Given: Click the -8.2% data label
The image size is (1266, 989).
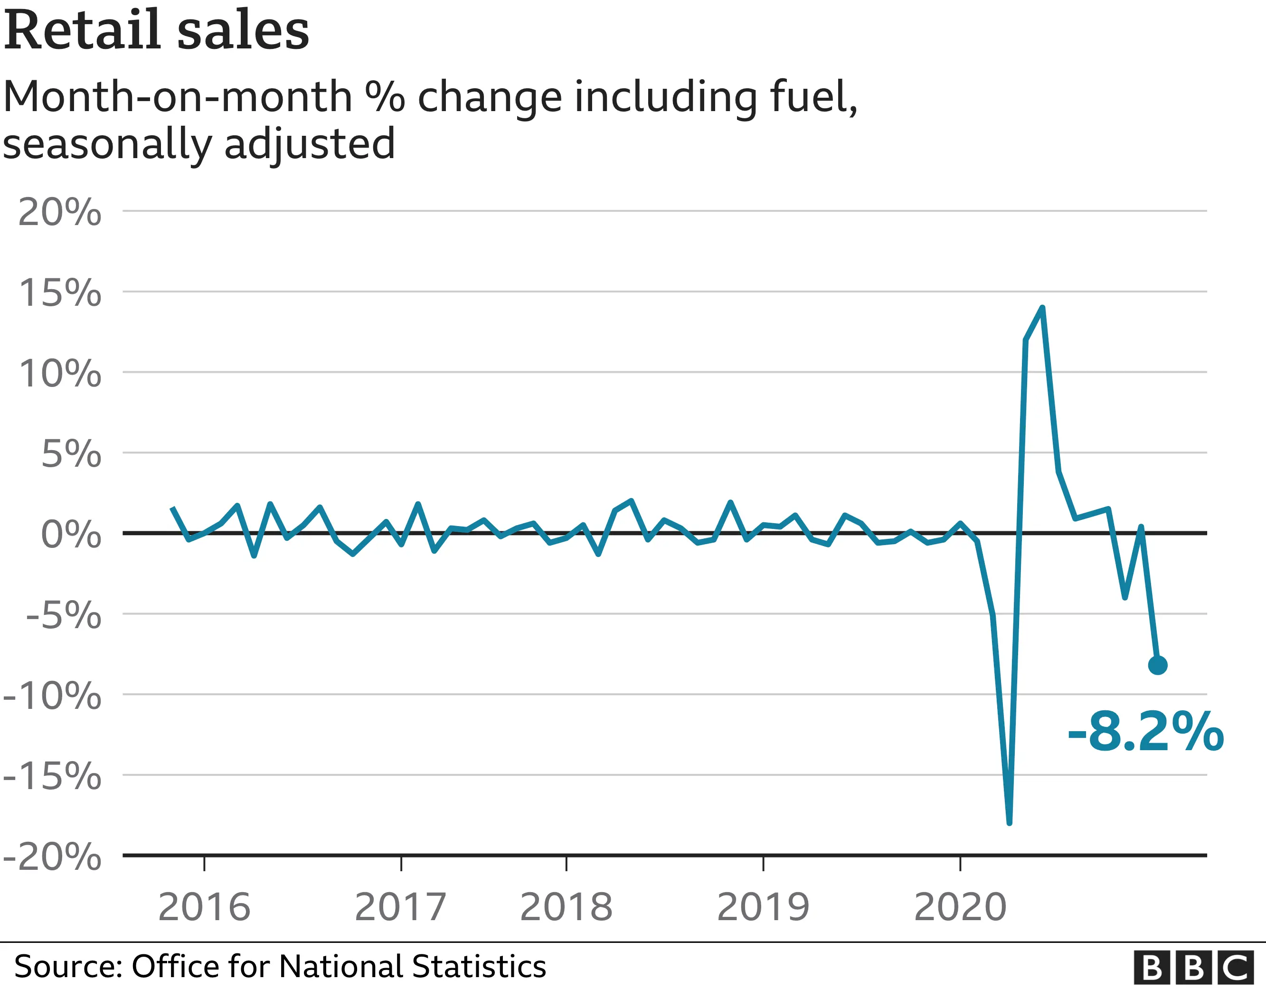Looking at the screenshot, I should pyautogui.click(x=1145, y=732).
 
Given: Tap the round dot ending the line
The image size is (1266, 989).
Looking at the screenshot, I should pyautogui.click(x=1158, y=665).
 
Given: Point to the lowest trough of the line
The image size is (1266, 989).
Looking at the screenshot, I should pyautogui.click(x=1009, y=821).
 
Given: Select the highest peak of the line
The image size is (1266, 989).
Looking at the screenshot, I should pyautogui.click(x=1042, y=309).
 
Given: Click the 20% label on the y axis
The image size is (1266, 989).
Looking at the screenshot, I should pyautogui.click(x=60, y=212).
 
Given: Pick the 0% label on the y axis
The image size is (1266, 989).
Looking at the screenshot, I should pyautogui.click(x=71, y=534).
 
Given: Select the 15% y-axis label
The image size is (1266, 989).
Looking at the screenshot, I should pyautogui.click(x=60, y=293).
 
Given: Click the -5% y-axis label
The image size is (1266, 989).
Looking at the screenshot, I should pyautogui.click(x=64, y=614).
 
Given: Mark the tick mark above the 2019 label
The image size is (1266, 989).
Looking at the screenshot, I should pyautogui.click(x=764, y=863).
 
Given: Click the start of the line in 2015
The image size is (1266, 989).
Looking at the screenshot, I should pyautogui.click(x=172, y=508).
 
